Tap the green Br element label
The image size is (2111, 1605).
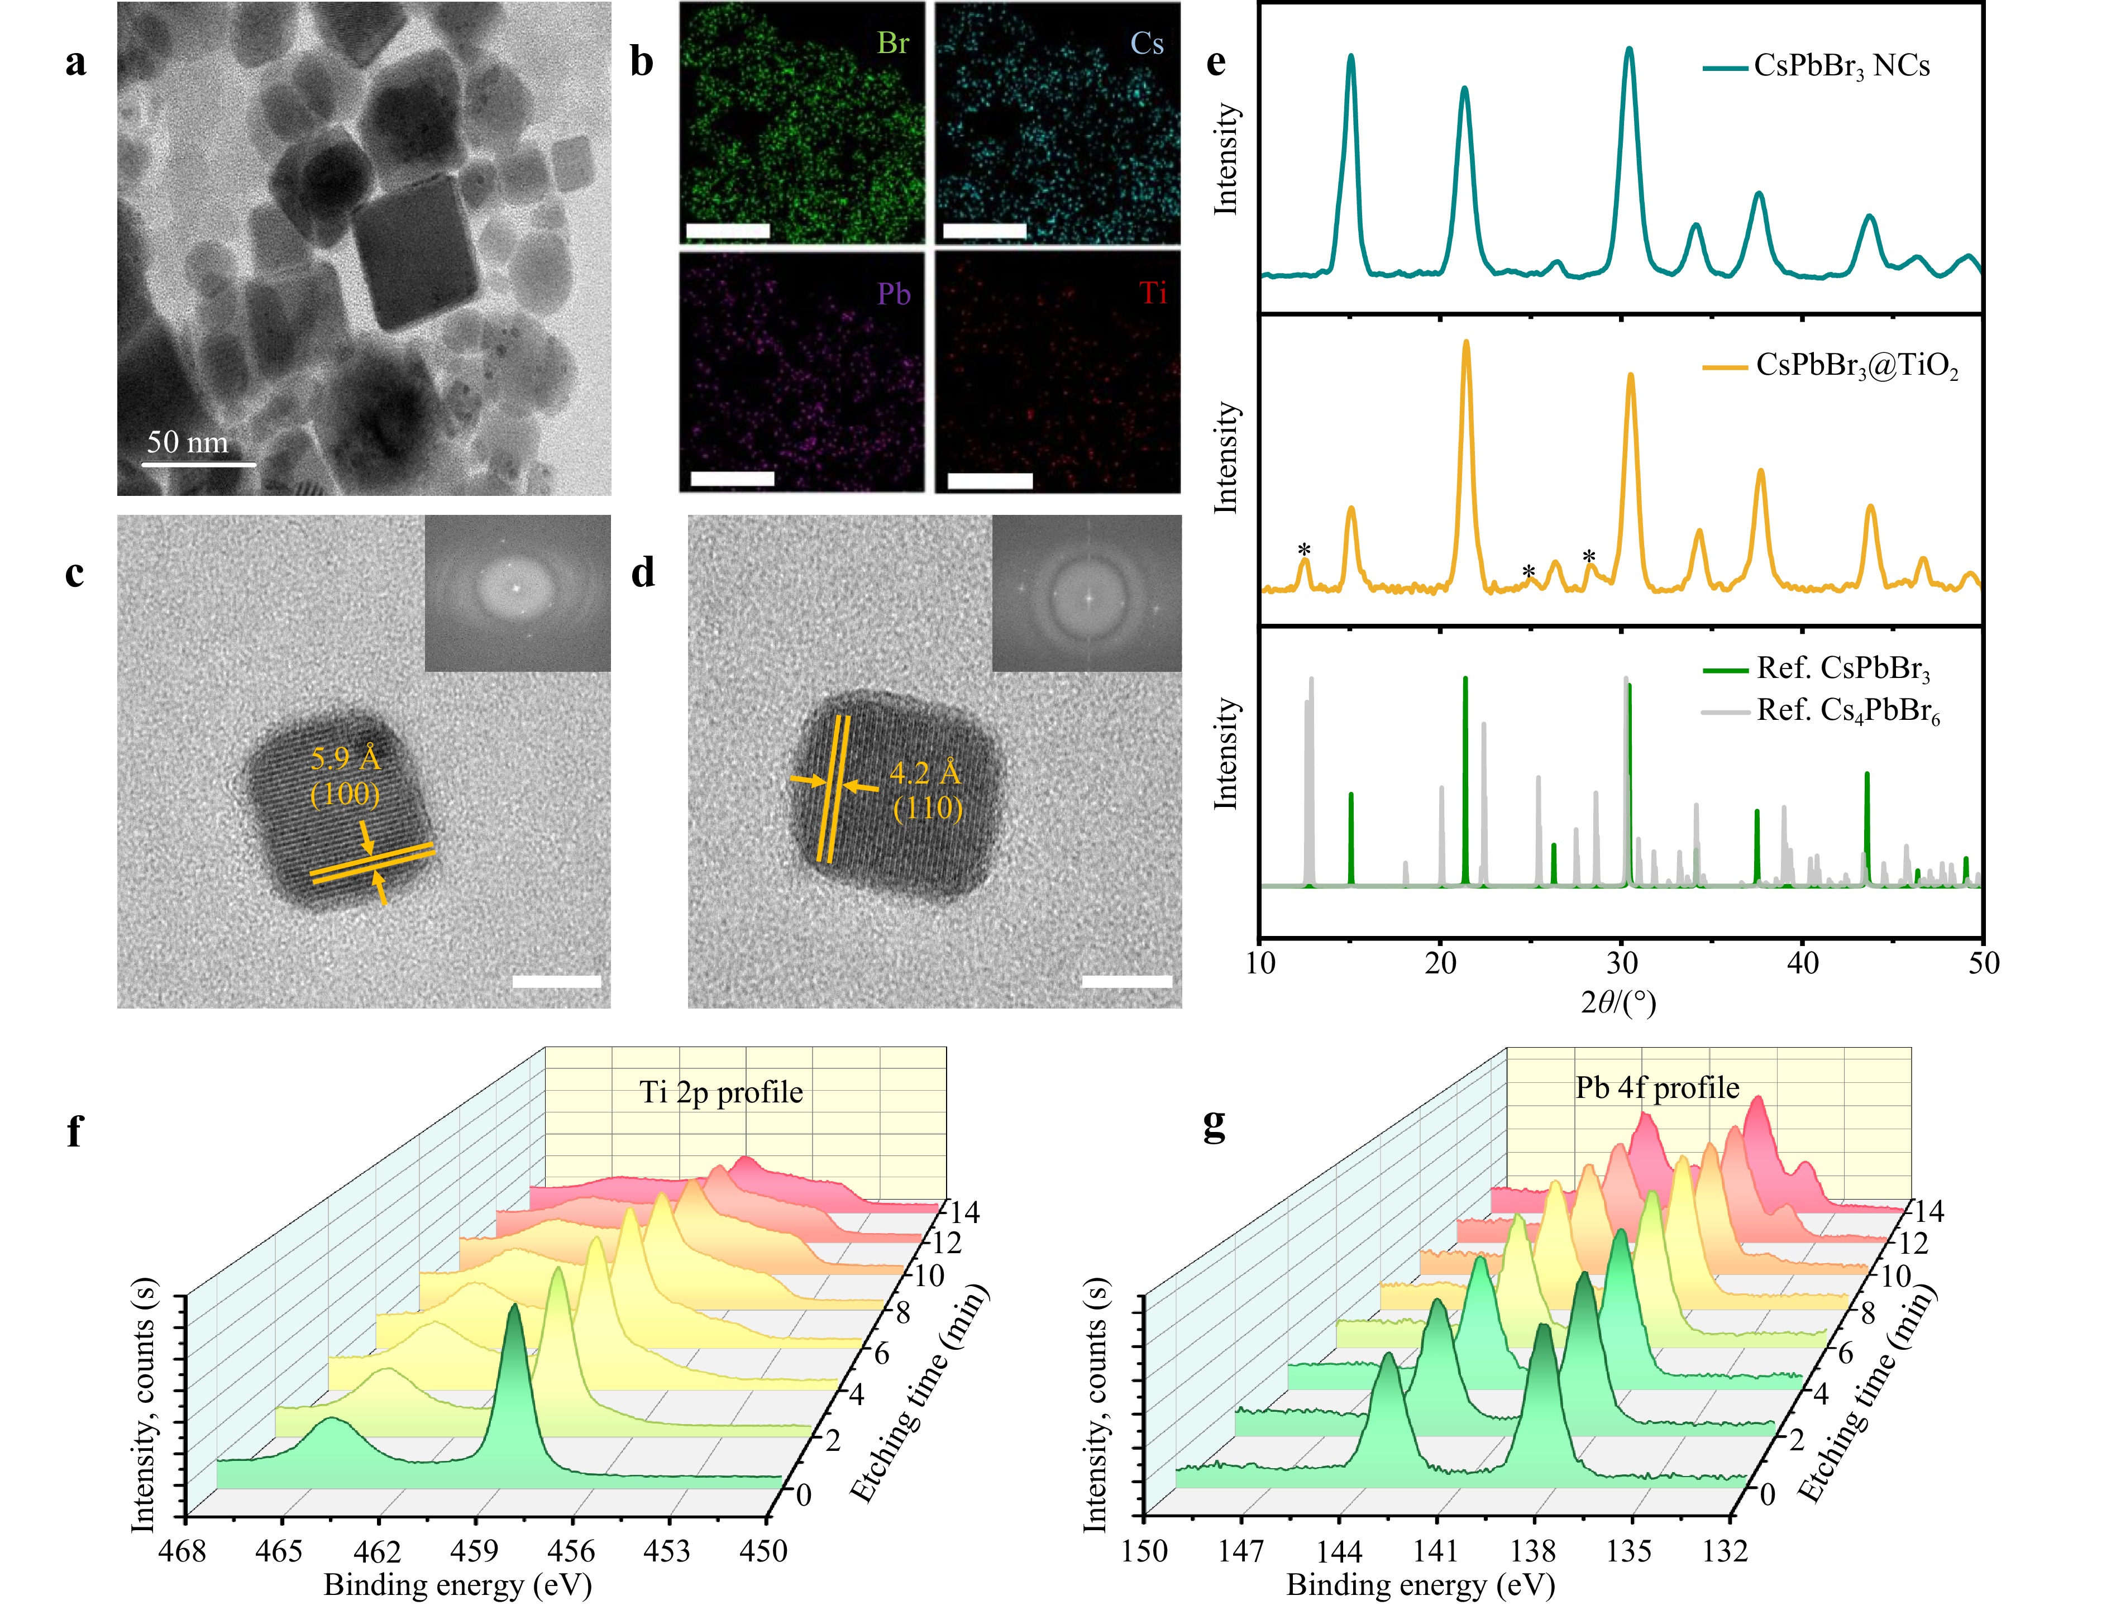tap(893, 44)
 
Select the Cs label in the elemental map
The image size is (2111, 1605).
tap(1147, 44)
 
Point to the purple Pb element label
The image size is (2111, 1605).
tap(894, 294)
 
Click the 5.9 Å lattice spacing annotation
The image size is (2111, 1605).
tap(346, 758)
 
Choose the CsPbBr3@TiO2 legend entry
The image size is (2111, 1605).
tap(1856, 367)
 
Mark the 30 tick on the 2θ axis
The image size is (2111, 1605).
tap(1622, 963)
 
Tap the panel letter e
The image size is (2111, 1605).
tap(1216, 62)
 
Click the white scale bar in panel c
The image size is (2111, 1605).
tap(557, 981)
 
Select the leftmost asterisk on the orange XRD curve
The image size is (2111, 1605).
tap(1304, 550)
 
